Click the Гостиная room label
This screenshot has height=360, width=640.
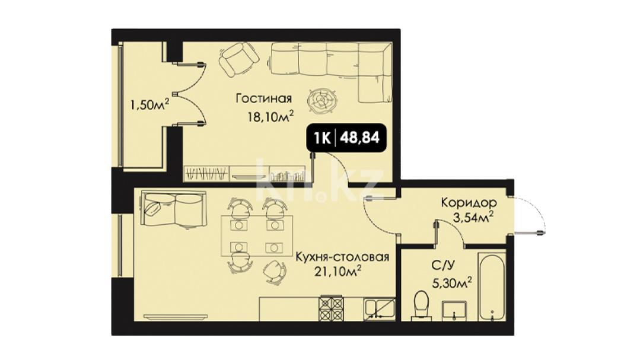pos(264,98)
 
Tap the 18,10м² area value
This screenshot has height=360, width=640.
pos(270,116)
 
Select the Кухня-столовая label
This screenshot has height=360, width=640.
pos(342,257)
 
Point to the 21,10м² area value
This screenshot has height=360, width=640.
pos(338,270)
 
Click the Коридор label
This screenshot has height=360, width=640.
pos(469,202)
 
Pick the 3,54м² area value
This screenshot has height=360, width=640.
pos(473,216)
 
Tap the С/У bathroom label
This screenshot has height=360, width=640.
pos(443,266)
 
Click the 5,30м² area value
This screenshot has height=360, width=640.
pos(452,282)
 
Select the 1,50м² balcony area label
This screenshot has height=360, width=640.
pos(149,104)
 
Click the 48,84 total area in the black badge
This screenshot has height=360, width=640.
pos(359,138)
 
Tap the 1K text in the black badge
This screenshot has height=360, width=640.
pos(322,138)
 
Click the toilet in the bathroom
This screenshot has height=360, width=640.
pos(421,305)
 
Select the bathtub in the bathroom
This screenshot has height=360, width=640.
pos(492,286)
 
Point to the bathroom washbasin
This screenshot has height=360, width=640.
pos(454,310)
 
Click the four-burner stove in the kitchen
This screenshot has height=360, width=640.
pos(332,308)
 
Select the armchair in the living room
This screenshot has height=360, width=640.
pos(239,59)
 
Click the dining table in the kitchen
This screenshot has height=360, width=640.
pos(257,236)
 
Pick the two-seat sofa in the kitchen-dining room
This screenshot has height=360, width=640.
pos(173,209)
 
